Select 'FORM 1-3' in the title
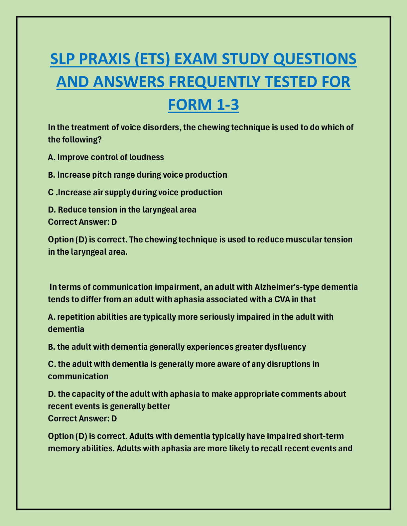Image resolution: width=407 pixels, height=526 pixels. click(x=203, y=104)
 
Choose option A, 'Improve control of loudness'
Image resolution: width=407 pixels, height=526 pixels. click(x=106, y=157)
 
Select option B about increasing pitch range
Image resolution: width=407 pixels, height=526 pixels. click(x=138, y=175)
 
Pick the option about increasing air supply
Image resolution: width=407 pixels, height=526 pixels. click(x=135, y=192)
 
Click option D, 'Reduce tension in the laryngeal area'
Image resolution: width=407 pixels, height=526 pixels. click(x=122, y=210)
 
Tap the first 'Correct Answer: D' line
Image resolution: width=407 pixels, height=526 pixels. click(x=82, y=222)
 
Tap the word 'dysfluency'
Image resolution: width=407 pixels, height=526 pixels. click(x=285, y=347)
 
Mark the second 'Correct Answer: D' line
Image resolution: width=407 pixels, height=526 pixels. click(x=82, y=418)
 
